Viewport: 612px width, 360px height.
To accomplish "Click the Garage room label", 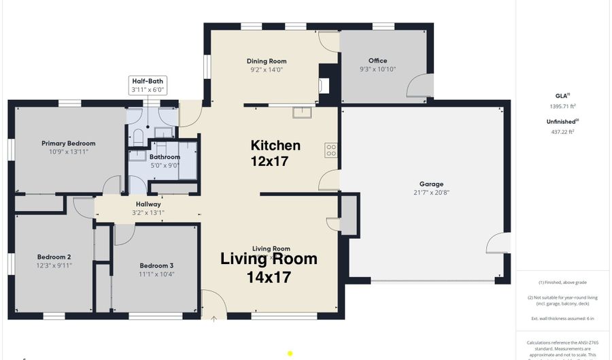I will point(431,184).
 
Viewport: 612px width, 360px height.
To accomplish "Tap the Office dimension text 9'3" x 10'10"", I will point(377,69).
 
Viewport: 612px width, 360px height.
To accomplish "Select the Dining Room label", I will point(267,61).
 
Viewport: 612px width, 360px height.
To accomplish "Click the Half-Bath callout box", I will point(148,85).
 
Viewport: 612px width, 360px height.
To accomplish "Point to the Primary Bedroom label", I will point(68,144).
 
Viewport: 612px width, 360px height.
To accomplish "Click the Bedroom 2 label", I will point(54,257).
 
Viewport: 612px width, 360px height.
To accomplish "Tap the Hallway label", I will point(148,204).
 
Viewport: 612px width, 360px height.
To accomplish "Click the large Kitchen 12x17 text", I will point(275,152).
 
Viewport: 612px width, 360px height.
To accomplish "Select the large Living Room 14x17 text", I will point(269,267).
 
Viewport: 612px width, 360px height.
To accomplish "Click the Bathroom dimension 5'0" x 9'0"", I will point(165,165).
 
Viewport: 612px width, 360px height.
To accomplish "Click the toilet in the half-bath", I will point(137,135).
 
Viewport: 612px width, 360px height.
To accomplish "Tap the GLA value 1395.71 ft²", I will point(562,106).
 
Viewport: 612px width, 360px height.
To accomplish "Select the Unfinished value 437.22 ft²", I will point(562,132).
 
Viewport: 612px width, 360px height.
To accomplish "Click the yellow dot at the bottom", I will point(290,353).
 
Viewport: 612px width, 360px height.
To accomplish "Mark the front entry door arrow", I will point(215,318).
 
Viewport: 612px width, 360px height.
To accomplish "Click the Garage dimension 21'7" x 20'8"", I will point(431,193).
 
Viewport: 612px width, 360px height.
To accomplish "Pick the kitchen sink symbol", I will point(302,112).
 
